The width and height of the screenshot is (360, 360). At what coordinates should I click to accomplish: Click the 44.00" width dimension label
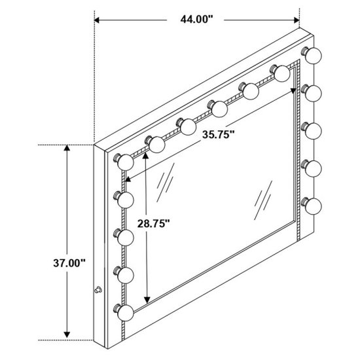coord(197,19)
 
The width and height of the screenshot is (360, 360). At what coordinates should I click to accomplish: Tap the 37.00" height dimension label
coord(69,263)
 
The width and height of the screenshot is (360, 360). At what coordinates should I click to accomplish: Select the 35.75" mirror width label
coord(219,135)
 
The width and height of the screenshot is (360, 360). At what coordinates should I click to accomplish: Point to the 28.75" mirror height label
coord(154,223)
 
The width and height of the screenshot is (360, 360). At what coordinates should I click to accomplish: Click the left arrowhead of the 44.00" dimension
coord(96,20)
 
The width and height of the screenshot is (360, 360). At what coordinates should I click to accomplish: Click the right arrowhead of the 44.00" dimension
coord(297,20)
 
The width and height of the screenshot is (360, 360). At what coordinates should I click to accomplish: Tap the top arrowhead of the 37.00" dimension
coord(67,148)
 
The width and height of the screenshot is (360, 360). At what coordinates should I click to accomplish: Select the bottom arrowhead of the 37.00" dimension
coord(67,334)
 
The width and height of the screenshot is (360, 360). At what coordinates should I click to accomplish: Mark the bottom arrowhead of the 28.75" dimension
coord(147,300)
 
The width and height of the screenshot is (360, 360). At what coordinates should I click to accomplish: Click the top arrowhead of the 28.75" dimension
coord(145,155)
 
